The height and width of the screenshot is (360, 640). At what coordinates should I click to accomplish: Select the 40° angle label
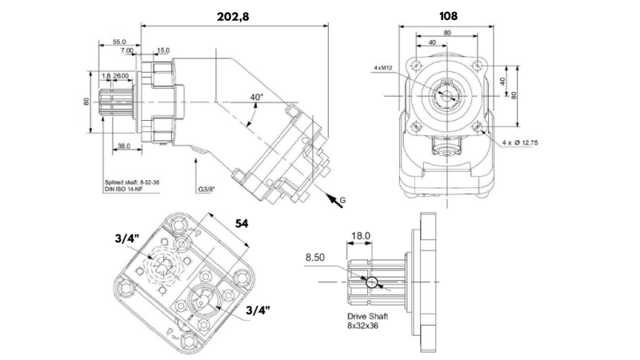click(256, 97)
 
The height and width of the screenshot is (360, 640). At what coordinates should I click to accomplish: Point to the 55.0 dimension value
click(119, 41)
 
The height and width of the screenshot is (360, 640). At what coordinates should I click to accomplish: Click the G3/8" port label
click(207, 190)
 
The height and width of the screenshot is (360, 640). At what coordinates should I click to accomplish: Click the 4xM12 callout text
click(384, 68)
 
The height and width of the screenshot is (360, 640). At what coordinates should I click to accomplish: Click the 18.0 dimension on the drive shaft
click(362, 236)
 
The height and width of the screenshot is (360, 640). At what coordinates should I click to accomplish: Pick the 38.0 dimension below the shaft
click(124, 146)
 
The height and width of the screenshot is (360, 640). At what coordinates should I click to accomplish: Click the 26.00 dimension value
click(122, 75)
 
